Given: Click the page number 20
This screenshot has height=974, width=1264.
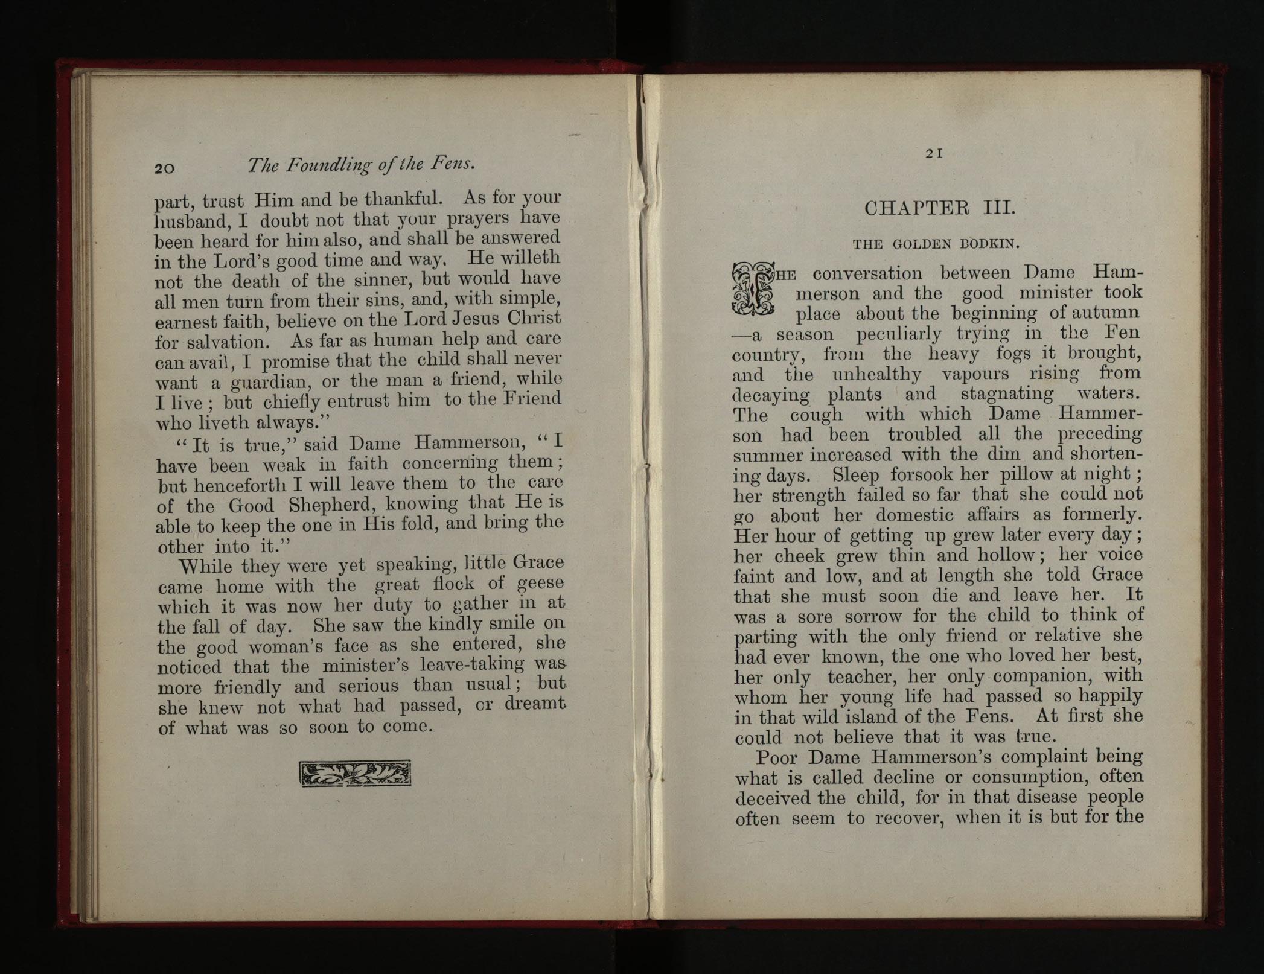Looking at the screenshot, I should tap(165, 168).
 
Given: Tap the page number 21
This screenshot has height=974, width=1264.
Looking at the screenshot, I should tap(934, 154).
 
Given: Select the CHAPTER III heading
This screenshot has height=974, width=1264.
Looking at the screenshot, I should tap(940, 208).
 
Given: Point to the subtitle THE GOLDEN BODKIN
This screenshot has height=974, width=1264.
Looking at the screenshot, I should tap(936, 244).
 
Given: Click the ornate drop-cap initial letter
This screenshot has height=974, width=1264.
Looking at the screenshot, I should tap(752, 290).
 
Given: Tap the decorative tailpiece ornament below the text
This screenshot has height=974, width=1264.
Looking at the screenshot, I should tap(356, 774).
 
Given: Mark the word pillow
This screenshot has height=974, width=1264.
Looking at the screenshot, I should tap(1036, 474).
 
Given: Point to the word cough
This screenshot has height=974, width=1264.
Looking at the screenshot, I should tap(816, 415).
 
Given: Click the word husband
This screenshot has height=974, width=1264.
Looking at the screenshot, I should tap(191, 221).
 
